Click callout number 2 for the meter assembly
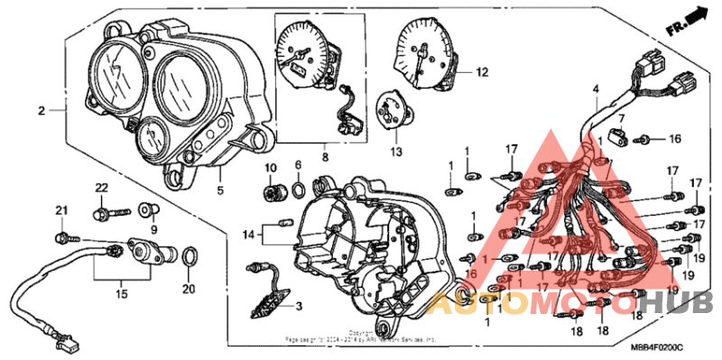[41, 111]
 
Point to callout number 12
[481, 71]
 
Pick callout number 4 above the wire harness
[596, 89]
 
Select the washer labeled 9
[145, 211]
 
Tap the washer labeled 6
[298, 190]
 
